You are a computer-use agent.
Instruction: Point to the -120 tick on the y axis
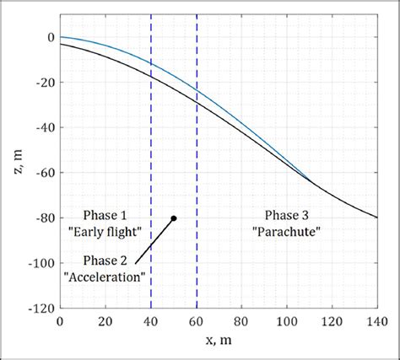41,309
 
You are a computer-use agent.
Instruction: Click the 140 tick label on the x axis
376,322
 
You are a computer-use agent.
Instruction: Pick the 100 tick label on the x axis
286,322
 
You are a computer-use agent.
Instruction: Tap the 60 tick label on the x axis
196,322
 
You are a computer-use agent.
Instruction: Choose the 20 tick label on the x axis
105,322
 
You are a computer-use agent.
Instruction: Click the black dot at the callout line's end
174,218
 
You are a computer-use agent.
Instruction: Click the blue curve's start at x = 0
61,37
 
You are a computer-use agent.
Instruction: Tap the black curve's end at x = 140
376,218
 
